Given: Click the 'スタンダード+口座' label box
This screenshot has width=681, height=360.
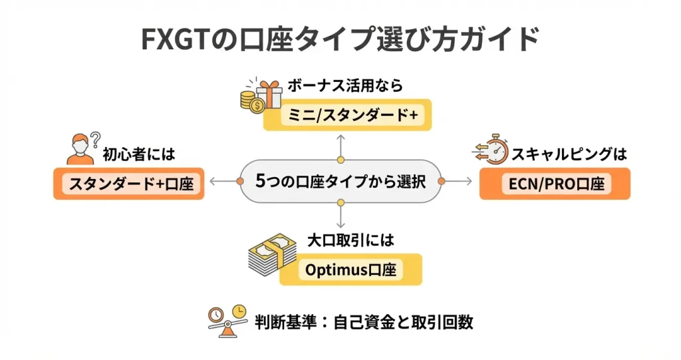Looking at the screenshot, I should click(x=128, y=183).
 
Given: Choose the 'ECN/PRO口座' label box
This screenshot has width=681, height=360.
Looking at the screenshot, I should click(x=554, y=183).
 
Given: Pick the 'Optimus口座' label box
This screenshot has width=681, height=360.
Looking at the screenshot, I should click(x=350, y=270).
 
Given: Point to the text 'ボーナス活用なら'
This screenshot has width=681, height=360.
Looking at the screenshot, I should click(x=345, y=87).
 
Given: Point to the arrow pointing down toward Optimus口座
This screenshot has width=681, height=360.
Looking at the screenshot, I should click(x=340, y=216).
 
